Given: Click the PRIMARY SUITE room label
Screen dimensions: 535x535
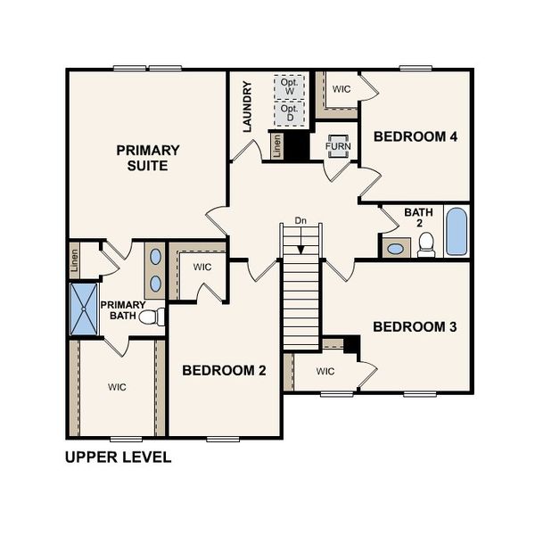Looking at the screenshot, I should click(x=148, y=158).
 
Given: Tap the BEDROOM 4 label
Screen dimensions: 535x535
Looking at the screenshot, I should click(x=416, y=136).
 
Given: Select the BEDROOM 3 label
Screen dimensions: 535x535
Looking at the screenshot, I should click(x=415, y=327).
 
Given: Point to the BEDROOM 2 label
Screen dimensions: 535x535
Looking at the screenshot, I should click(x=224, y=370).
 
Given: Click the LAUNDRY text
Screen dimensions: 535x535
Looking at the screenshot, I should click(x=248, y=107).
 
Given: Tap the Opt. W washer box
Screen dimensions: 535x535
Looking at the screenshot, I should click(x=288, y=86).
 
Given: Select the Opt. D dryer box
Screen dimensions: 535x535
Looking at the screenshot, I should click(x=288, y=114).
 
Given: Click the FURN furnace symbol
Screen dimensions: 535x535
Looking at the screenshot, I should click(x=338, y=145).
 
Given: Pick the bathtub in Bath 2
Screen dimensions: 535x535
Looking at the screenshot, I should click(x=455, y=232).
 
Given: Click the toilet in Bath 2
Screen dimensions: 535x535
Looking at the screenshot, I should click(x=426, y=243).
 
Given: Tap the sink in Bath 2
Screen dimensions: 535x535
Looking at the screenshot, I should click(x=394, y=247).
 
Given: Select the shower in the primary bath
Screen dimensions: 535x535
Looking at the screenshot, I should click(x=85, y=309).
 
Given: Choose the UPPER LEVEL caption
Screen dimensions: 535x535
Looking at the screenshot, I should click(x=118, y=458).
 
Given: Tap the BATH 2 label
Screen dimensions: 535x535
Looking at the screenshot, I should click(x=418, y=218).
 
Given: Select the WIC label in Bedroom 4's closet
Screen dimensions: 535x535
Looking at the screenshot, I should click(x=342, y=89).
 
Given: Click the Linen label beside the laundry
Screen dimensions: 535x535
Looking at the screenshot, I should click(x=277, y=148).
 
